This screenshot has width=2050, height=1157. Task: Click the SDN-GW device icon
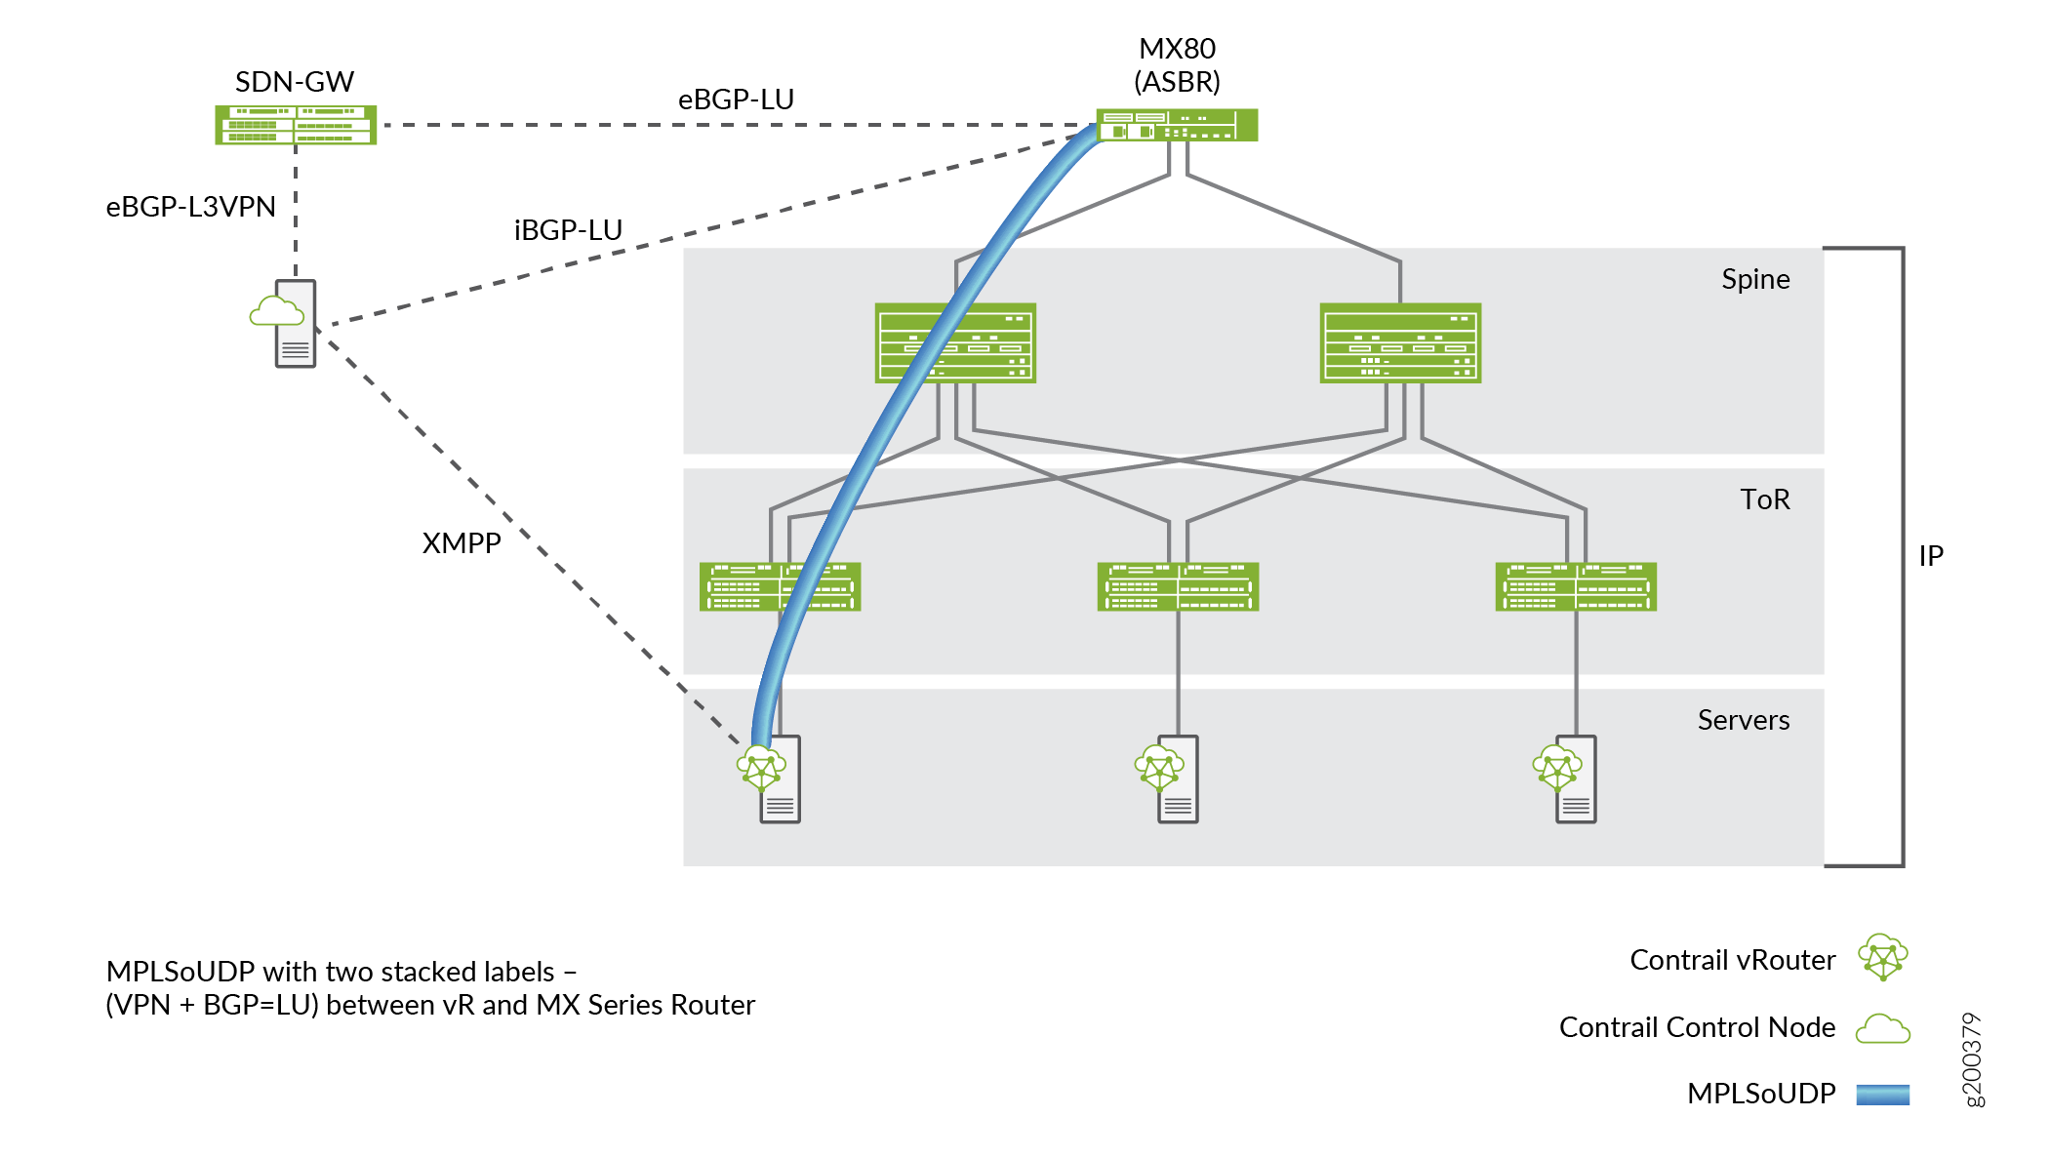[296, 125]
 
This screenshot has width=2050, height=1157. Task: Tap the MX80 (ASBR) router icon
[1177, 125]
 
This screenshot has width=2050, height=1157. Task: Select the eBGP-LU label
[736, 100]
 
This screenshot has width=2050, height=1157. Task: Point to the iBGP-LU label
[568, 230]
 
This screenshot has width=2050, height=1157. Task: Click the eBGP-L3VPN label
[191, 207]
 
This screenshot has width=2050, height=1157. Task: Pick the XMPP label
[462, 543]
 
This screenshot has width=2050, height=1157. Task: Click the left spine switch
[955, 342]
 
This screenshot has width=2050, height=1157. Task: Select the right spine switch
[1400, 342]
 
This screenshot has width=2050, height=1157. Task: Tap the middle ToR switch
[1178, 586]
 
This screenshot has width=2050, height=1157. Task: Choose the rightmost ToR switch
[1576, 586]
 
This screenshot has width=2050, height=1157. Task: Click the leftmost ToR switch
[780, 586]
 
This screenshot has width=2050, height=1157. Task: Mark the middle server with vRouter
[1171, 778]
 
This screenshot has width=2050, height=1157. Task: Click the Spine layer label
[1755, 280]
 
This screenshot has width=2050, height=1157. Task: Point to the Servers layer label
[1744, 720]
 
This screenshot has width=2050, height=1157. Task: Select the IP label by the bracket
[1931, 556]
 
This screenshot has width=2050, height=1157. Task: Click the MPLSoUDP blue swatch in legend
[1882, 1095]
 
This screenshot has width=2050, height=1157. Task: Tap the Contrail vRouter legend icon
[1882, 957]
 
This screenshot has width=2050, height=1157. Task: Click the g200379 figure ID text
[1972, 1059]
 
